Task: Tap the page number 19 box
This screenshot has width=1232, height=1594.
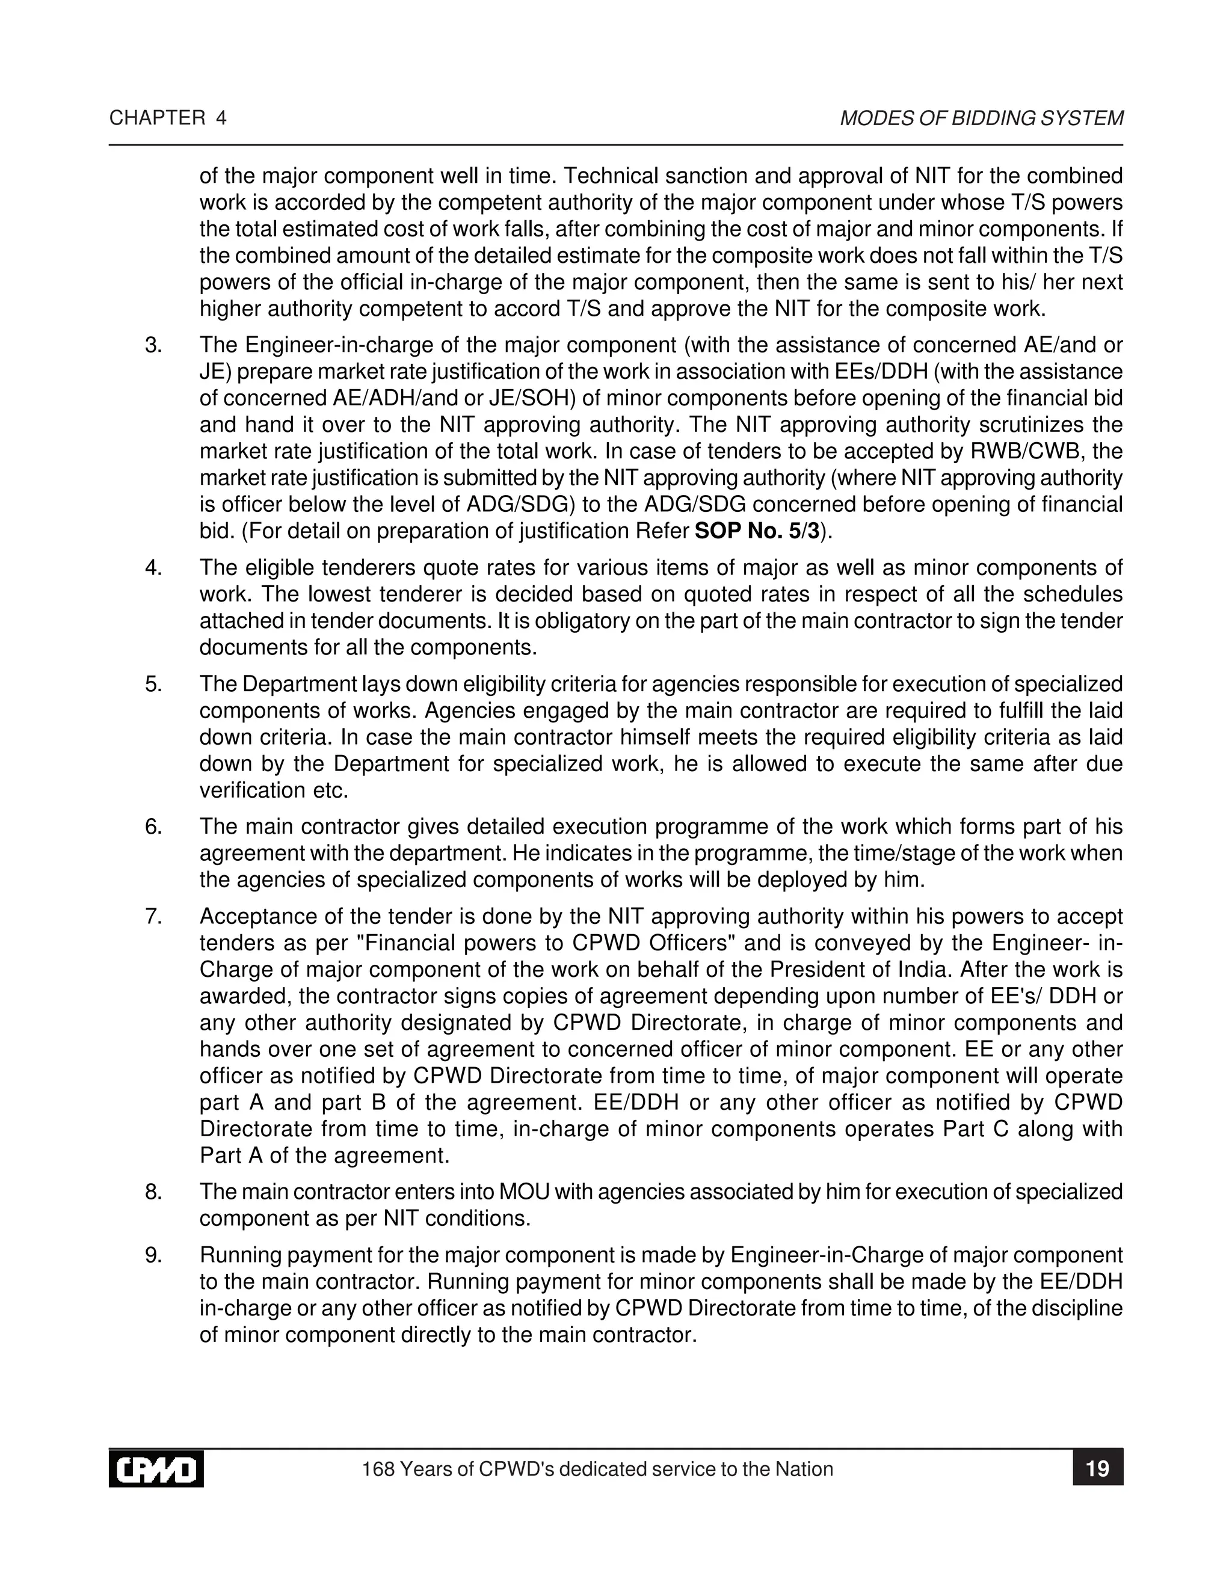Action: [x=1097, y=1468]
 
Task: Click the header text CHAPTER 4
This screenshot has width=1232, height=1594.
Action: [x=168, y=118]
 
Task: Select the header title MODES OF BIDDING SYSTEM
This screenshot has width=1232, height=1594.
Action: [x=981, y=118]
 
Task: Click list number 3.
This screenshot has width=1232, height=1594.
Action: [x=153, y=345]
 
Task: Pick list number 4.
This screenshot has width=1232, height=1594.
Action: [x=153, y=568]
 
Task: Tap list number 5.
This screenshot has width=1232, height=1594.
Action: [x=153, y=685]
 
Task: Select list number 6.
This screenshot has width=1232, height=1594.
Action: [x=153, y=827]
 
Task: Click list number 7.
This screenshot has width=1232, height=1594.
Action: [x=153, y=917]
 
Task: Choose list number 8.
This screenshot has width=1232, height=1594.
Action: [x=153, y=1192]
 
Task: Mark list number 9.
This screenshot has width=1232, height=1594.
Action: [x=153, y=1255]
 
